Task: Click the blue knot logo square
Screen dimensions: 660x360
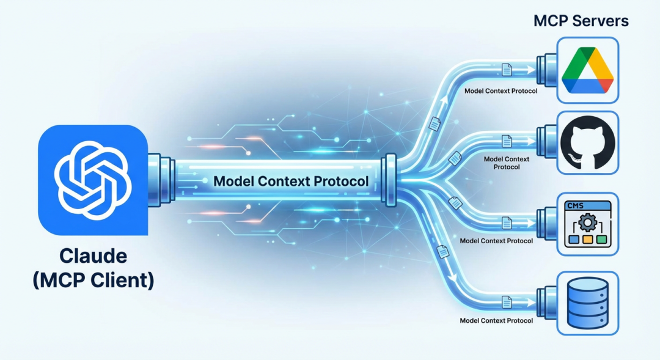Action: tap(93, 180)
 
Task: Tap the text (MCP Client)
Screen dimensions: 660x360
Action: tap(93, 280)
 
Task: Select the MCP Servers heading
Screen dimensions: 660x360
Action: tap(581, 21)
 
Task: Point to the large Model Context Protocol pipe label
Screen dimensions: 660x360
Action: tap(291, 182)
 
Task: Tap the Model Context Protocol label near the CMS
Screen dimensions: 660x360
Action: tap(496, 241)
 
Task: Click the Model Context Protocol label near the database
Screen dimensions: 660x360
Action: tap(496, 320)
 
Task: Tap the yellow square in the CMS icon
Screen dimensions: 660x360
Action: tap(587, 239)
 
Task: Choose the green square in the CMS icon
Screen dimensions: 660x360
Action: tap(602, 239)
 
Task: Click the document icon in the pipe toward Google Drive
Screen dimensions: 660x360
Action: tap(507, 70)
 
